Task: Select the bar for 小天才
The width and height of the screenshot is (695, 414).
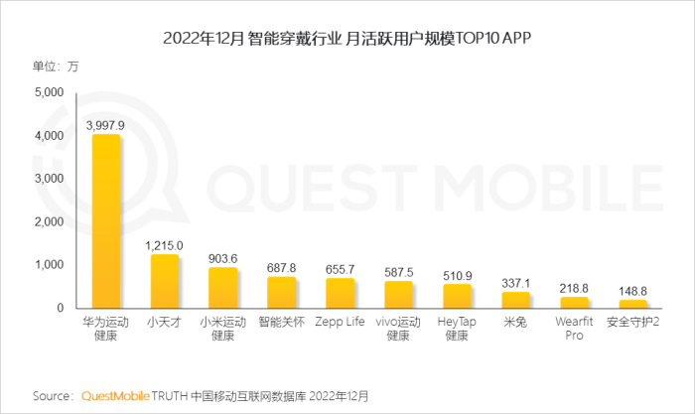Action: (165, 282)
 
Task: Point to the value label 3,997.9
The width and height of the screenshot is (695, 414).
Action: (106, 125)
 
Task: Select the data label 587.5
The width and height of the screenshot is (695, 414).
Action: (399, 272)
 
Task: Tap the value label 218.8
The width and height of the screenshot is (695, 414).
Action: (575, 288)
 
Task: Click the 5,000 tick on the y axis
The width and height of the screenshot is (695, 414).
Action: (48, 92)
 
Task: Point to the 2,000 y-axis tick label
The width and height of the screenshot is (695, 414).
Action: (48, 221)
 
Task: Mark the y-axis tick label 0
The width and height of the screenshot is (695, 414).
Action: (60, 309)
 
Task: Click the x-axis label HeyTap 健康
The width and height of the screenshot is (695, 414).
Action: (458, 329)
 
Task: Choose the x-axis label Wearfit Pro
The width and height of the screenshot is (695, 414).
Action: (575, 329)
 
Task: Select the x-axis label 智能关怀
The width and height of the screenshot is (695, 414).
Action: (282, 323)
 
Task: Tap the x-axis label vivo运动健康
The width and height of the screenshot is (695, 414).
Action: (399, 329)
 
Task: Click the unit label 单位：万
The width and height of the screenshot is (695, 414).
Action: (56, 67)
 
